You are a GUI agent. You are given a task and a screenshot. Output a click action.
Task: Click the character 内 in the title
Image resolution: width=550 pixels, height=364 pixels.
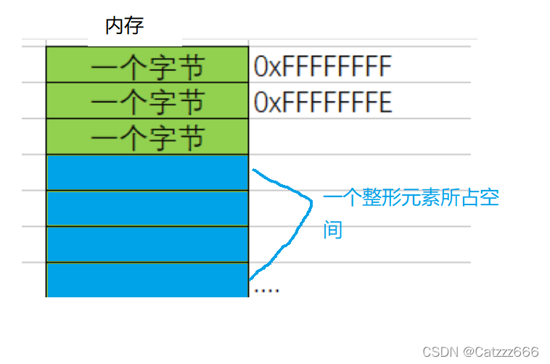point(115,27)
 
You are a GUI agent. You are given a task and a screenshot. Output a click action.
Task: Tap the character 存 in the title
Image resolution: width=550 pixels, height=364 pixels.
point(134,27)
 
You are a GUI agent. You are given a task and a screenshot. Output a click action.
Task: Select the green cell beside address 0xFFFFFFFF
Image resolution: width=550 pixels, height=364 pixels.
point(147,65)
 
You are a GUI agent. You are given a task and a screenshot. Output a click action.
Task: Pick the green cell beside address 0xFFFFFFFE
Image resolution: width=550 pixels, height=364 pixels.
point(147,101)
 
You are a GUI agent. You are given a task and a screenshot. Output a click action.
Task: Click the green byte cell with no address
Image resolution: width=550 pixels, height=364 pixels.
point(147,137)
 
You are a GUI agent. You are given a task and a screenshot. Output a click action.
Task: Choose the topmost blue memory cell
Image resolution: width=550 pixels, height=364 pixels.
point(147,173)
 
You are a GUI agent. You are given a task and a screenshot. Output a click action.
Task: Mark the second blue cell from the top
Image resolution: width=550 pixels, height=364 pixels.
point(147,209)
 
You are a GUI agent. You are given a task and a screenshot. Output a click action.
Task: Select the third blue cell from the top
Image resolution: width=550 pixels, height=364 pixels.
point(147,244)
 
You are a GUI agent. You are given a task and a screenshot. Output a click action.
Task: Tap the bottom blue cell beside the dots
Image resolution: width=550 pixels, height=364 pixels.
point(147,280)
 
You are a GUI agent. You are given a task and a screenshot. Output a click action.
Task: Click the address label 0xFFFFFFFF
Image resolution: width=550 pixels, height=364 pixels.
point(323,67)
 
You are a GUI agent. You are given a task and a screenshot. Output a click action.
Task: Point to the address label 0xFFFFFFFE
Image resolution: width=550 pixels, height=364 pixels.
point(323,102)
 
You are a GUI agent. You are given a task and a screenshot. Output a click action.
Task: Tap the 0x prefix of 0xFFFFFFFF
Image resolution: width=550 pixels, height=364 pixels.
point(267,67)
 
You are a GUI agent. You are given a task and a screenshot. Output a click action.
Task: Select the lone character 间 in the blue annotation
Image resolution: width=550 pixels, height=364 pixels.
point(332,230)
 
